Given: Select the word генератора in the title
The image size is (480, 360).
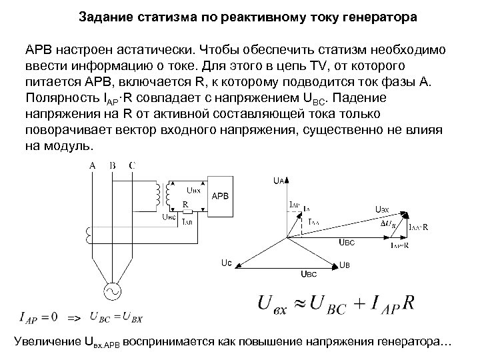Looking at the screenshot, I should pos(373,19).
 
